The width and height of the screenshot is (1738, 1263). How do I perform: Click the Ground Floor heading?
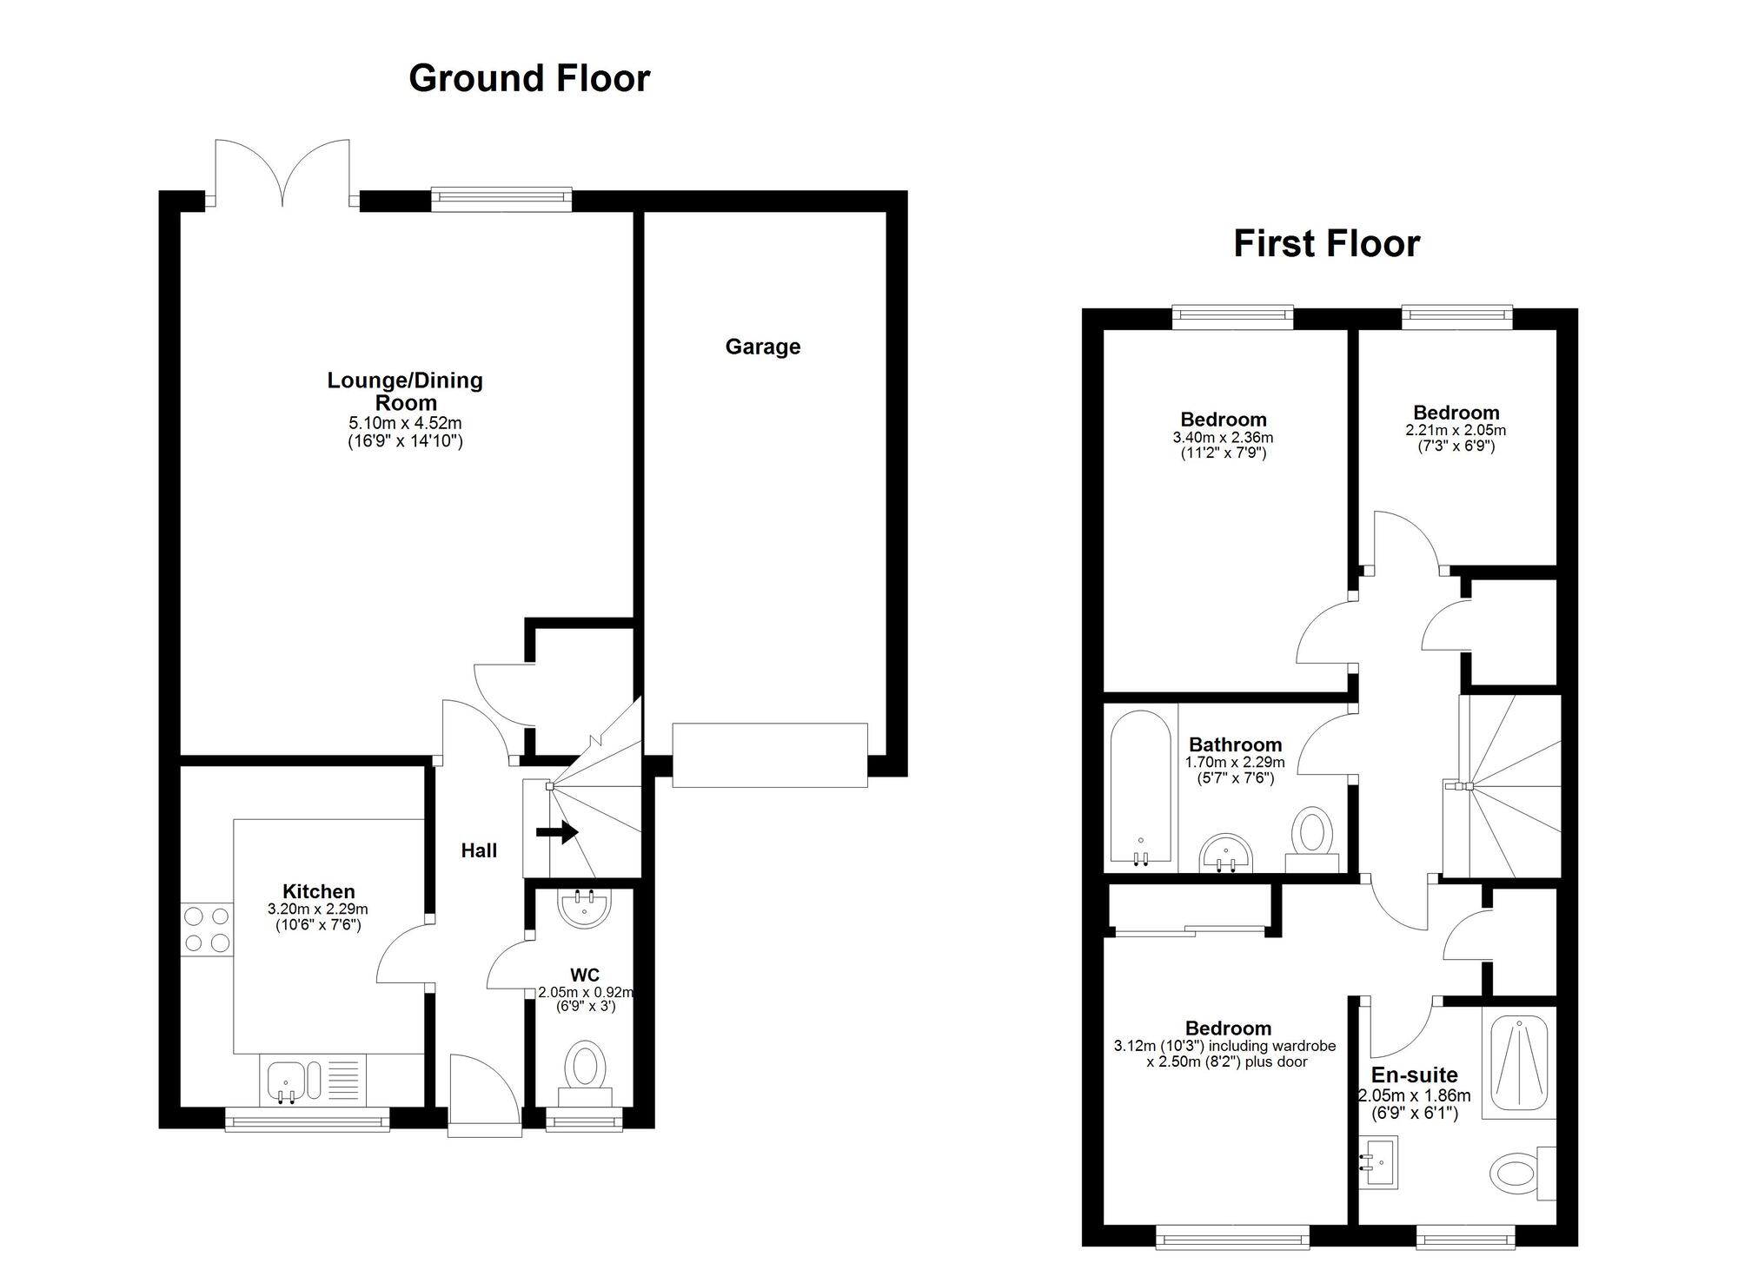point(528,79)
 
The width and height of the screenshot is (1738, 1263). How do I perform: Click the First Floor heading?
point(1326,244)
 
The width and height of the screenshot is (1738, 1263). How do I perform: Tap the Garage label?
point(762,347)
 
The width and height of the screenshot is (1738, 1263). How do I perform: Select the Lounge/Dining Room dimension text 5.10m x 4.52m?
point(405,424)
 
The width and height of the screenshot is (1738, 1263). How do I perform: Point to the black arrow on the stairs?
point(557,832)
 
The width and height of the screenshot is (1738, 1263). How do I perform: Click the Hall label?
point(479,851)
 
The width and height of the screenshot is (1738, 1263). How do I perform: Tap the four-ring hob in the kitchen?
point(207,929)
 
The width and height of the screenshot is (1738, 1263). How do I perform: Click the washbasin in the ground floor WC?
point(585,908)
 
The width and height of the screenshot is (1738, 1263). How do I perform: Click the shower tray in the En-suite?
point(1518,1062)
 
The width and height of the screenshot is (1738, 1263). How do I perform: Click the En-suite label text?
point(1414,1075)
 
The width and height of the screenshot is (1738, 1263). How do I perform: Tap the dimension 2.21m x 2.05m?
point(1456,431)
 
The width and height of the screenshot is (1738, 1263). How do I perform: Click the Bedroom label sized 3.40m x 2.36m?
point(1223,420)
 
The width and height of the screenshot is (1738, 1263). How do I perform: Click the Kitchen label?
point(318,892)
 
